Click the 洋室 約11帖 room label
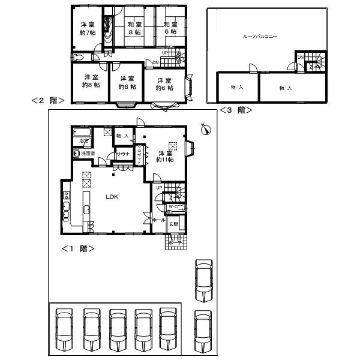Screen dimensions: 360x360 click(x=165, y=156)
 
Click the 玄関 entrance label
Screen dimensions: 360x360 click(x=173, y=224)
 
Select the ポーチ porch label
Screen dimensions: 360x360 click(x=174, y=243)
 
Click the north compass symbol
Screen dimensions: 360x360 click(x=205, y=128)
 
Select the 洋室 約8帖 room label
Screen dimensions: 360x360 click(x=91, y=81)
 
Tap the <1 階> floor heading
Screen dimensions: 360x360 click(x=77, y=248)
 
